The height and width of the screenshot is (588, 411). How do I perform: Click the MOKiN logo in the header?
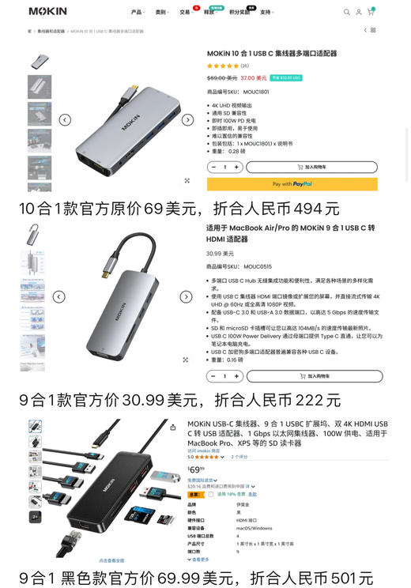tap(47, 12)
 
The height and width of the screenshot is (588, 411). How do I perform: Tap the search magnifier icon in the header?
tap(346, 12)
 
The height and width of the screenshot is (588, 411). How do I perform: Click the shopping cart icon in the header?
tap(371, 12)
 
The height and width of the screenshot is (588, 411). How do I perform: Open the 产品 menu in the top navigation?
tap(137, 13)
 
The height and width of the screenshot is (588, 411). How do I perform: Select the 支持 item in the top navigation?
tap(266, 13)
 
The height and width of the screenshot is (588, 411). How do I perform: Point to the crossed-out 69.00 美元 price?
tap(222, 78)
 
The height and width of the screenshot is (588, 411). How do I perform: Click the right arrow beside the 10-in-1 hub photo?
tap(187, 120)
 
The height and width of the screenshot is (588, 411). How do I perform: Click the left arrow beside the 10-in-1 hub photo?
tap(65, 120)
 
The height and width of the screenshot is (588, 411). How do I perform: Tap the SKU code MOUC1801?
tap(256, 92)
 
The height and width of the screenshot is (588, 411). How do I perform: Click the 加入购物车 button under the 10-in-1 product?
tap(311, 168)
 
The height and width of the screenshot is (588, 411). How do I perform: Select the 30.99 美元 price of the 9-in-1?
tap(221, 254)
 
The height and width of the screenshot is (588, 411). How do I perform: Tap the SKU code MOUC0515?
tap(257, 267)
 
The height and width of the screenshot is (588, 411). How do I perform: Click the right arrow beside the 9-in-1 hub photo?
tap(186, 297)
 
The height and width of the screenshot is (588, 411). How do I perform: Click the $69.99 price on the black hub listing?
tap(195, 469)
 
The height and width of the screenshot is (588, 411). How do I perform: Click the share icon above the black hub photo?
tap(173, 427)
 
